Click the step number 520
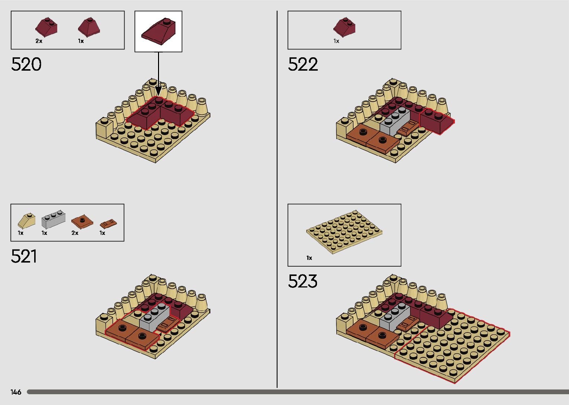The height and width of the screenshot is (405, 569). coord(26,64)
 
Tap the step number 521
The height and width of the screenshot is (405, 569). coord(24,257)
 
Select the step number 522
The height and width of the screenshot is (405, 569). coord(303,64)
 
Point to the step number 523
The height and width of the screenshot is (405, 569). coord(303,282)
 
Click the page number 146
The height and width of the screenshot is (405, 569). coord(16,392)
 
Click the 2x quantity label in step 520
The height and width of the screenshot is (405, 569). coord(39,41)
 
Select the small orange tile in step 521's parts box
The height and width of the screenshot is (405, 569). coord(108,224)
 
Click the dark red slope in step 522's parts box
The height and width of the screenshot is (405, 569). coord(344,28)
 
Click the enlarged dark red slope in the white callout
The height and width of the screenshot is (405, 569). coord(158,32)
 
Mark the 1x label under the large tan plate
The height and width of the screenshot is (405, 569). coord(309,258)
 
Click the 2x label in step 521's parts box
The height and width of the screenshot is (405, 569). coord(75,233)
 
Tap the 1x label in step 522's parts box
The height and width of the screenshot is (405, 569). coord(336,41)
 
